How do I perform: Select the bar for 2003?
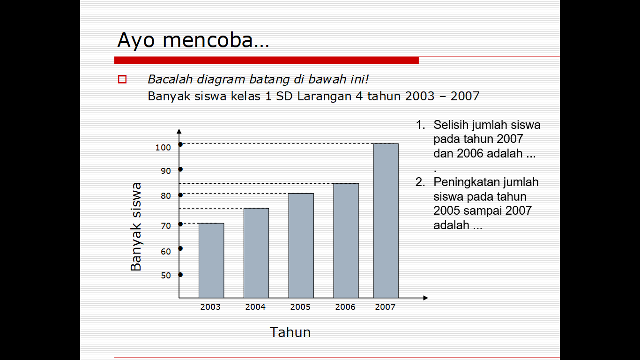[x=211, y=260]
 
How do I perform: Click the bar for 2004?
[x=256, y=253]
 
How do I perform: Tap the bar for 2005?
[x=301, y=245]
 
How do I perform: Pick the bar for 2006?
[x=346, y=240]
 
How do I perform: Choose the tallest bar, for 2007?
[x=386, y=220]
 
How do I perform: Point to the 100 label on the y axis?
[x=163, y=148]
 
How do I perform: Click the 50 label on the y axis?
[x=166, y=276]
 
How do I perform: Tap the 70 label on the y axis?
[x=166, y=226]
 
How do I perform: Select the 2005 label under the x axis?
[x=300, y=307]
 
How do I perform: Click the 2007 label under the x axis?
[x=385, y=307]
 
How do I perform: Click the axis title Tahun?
[x=290, y=332]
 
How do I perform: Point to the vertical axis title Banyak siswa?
[x=136, y=227]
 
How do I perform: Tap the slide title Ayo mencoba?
[x=193, y=40]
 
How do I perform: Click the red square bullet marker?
[x=122, y=79]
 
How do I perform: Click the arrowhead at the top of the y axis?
[x=179, y=131]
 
